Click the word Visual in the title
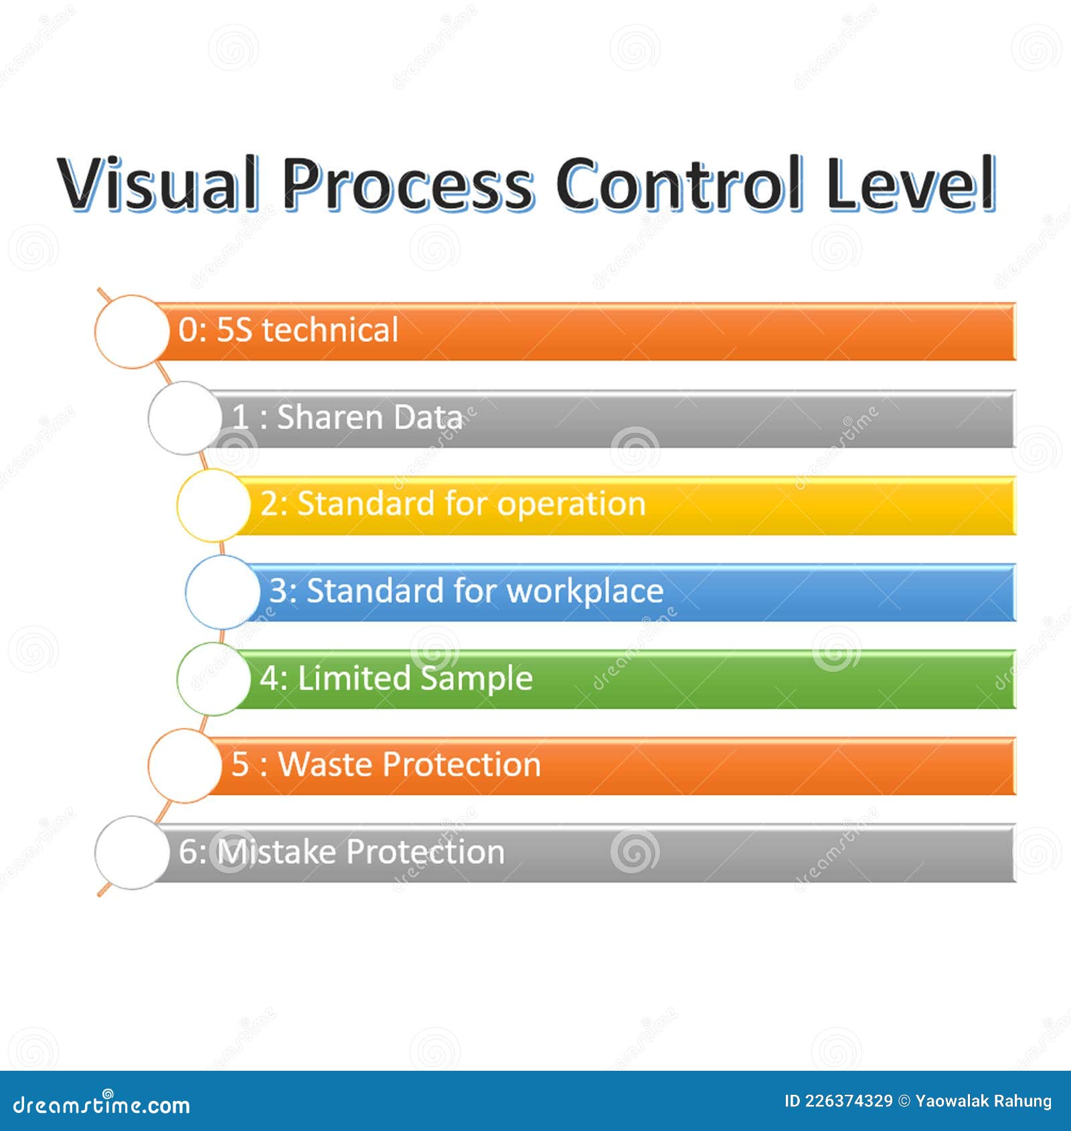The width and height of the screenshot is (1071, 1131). [158, 183]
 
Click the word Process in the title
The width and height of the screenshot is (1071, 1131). [408, 183]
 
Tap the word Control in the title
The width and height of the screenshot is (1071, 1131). [679, 183]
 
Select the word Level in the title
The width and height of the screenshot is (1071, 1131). [911, 183]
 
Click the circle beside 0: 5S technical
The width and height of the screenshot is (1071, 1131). [132, 331]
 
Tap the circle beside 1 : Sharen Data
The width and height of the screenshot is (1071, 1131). [185, 418]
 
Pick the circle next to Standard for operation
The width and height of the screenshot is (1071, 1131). [214, 505]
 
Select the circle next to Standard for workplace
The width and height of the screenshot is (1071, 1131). [222, 592]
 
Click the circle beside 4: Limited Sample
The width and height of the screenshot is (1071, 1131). [214, 679]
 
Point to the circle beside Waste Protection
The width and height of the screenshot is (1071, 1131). [185, 766]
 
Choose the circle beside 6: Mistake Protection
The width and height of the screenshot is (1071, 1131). [132, 853]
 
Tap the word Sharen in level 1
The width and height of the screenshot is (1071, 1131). [329, 417]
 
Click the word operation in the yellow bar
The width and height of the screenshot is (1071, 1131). [571, 504]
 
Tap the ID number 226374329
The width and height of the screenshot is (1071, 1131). [848, 1101]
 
